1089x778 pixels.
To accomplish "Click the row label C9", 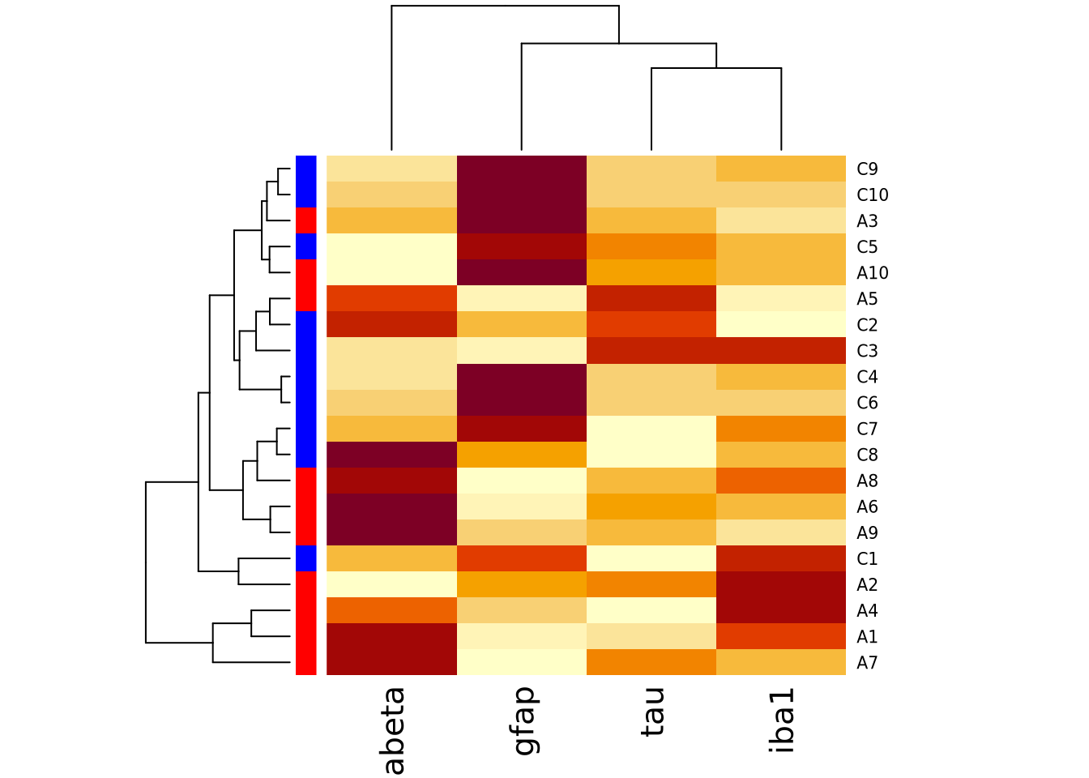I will coord(867,169).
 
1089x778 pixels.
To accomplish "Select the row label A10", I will coord(872,273).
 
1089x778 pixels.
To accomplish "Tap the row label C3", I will coord(867,351).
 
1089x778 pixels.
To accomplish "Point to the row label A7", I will coord(867,663).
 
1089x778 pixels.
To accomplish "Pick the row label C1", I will coord(867,559).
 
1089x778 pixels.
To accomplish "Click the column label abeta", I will coord(393,730).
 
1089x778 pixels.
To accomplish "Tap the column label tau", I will coord(652,712).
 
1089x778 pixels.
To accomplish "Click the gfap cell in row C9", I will coord(522,169).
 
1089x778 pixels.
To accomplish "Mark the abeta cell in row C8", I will coord(391,455).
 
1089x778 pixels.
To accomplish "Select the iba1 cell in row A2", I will coord(781,584).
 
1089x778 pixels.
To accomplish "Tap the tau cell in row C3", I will coord(651,351).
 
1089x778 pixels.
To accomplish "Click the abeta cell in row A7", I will coord(391,662).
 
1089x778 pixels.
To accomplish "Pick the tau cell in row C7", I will coord(651,429).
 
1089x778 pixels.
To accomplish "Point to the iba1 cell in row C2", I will coord(781,325).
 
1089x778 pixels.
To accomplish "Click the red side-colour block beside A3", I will coord(305,220).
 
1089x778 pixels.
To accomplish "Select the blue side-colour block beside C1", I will coord(305,558).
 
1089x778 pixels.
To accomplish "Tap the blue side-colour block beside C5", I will coord(305,246).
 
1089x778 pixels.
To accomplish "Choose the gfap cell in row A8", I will coord(522,481).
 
